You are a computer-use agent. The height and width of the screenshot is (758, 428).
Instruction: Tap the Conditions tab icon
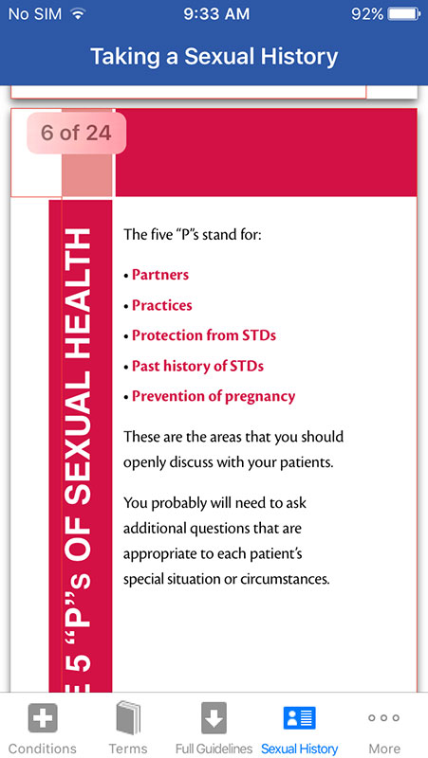point(43,718)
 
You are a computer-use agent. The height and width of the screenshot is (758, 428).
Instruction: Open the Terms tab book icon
point(128,718)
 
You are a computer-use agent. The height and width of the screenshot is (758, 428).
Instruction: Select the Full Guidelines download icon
point(214,718)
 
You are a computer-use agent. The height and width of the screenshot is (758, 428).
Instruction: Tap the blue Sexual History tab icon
point(300,718)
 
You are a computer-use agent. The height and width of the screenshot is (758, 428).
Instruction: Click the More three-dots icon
point(384,718)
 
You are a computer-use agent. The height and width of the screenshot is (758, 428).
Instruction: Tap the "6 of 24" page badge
point(76,133)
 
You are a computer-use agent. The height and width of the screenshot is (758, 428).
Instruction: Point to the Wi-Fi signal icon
point(77,13)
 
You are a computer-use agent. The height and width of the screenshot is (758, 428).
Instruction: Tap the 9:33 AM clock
point(216,14)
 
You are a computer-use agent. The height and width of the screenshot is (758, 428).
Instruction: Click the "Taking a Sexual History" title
point(214,57)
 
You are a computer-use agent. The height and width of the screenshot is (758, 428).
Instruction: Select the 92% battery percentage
point(367,14)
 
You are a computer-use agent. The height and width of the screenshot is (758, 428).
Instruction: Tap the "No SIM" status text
point(35,14)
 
